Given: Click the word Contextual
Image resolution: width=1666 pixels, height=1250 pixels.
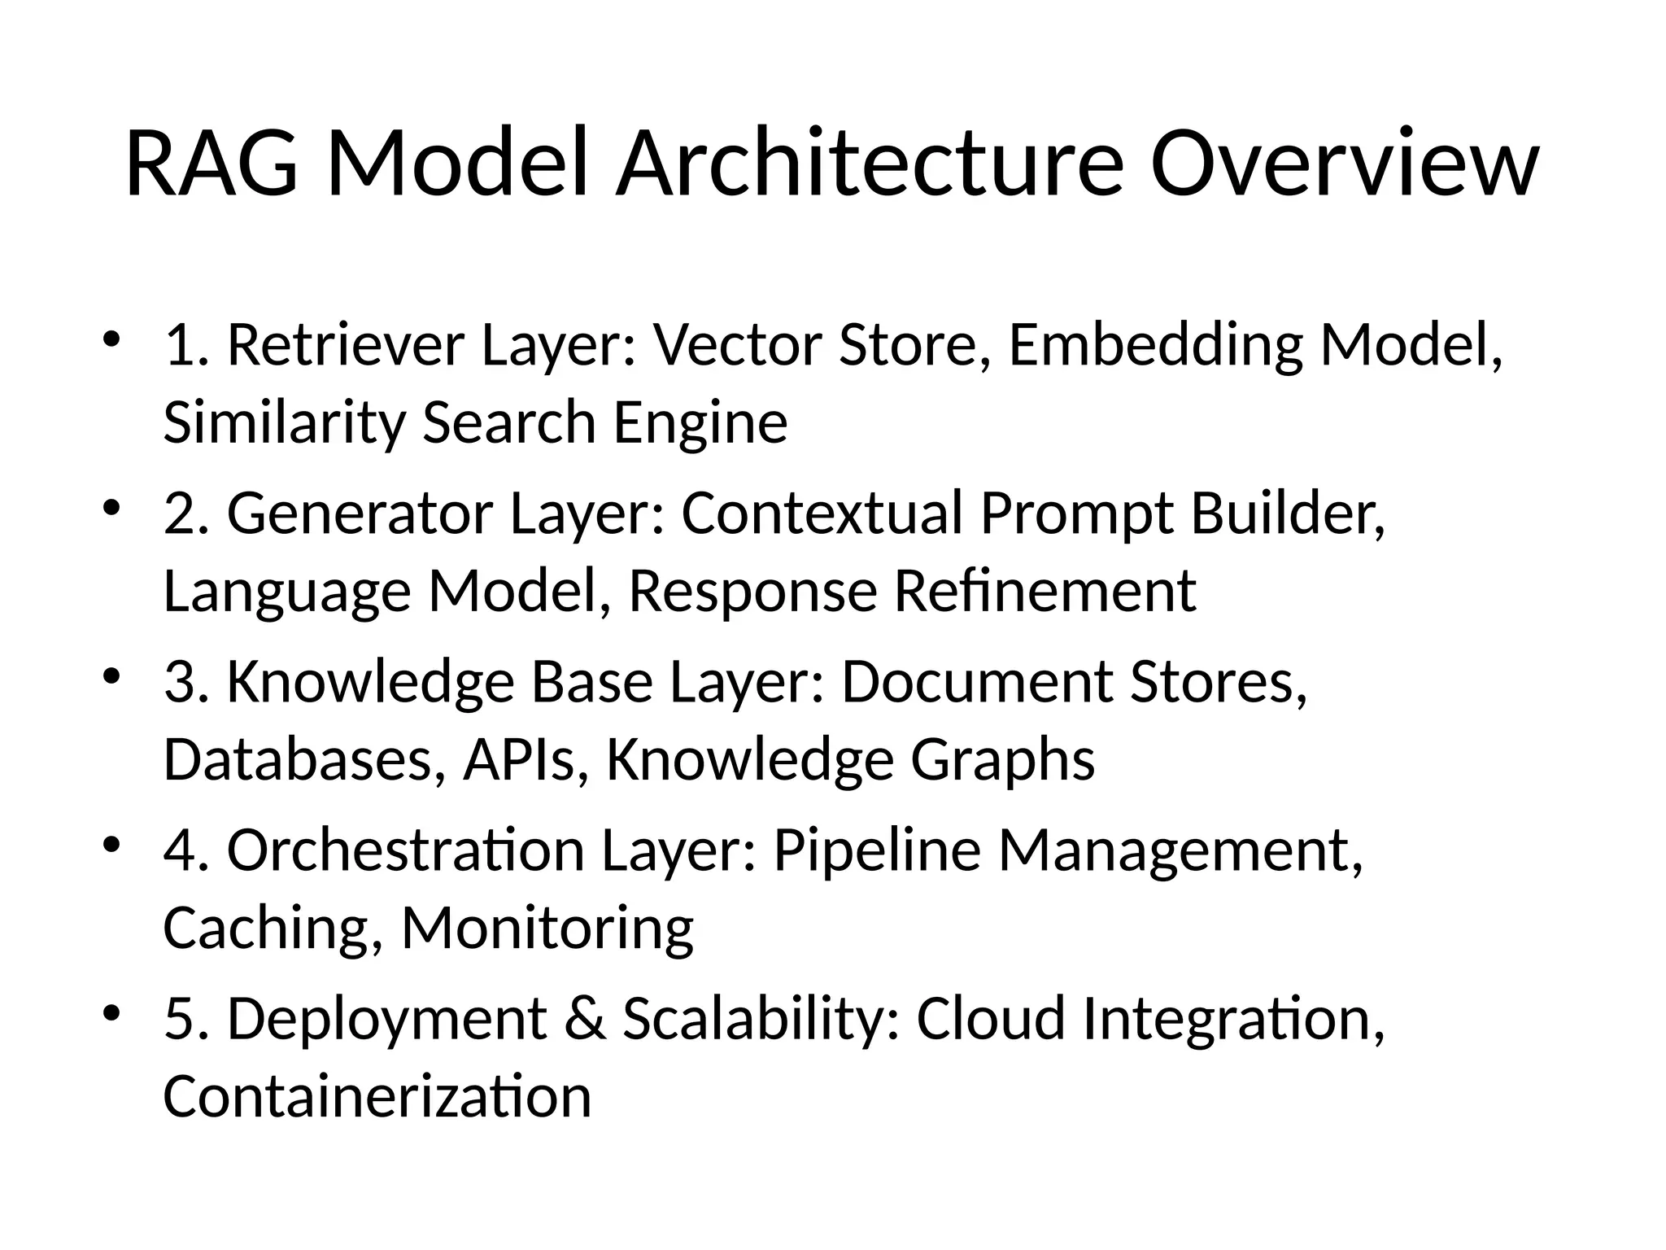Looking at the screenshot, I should click(x=822, y=514).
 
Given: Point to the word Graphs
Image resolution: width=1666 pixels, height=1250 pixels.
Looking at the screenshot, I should click(x=1002, y=758).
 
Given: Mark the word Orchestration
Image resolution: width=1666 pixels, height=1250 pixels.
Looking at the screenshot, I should click(x=405, y=850).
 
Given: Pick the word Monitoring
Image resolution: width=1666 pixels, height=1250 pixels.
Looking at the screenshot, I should click(x=547, y=927).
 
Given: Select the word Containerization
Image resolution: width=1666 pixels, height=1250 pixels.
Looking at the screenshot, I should click(x=377, y=1095).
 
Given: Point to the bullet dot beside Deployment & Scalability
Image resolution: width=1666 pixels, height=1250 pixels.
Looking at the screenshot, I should click(x=111, y=1012).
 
